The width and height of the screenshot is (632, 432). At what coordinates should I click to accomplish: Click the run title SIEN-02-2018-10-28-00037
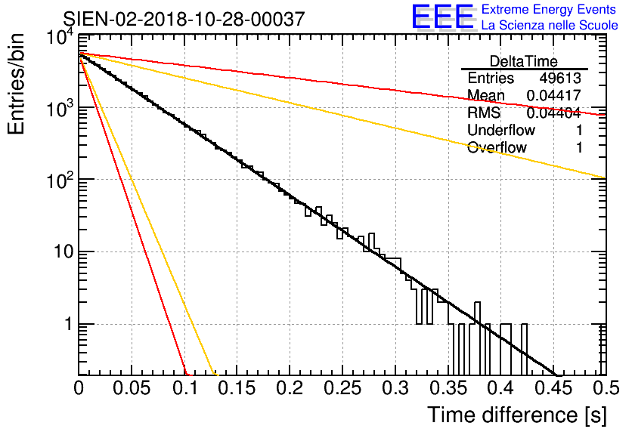[184, 19]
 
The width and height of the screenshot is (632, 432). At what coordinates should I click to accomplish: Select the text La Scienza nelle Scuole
[550, 26]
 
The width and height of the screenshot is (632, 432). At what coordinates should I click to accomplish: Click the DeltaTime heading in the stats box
[524, 61]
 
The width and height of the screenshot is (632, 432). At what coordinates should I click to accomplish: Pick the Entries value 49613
[560, 79]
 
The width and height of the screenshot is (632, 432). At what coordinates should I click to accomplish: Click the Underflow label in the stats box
[502, 131]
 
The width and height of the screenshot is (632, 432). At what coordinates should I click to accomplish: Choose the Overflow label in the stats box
[497, 148]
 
